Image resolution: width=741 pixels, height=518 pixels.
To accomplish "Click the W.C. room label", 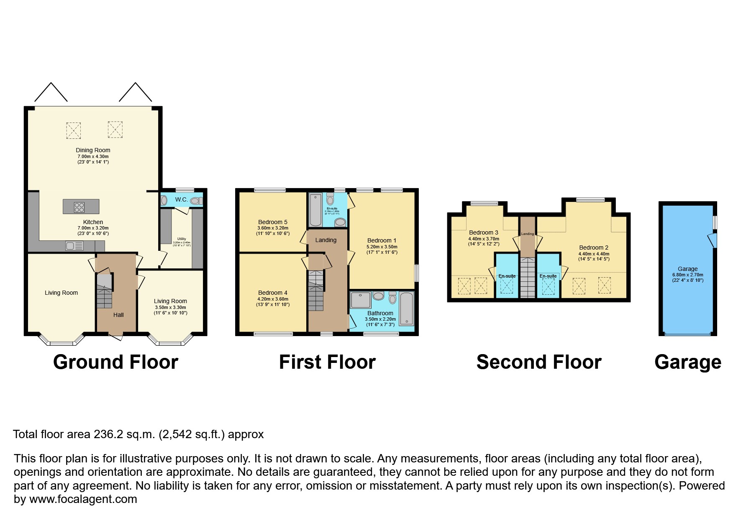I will point(181,200).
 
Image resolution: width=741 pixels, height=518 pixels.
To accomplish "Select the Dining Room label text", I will point(93,150).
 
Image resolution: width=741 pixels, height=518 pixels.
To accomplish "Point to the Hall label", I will point(118,315).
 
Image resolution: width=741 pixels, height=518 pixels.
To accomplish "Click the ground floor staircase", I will point(104,291).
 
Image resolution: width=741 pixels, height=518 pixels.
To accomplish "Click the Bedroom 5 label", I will point(273,222).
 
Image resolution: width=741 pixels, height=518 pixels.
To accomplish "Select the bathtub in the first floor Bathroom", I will point(406,309).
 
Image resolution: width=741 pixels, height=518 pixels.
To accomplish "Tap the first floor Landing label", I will point(326,240).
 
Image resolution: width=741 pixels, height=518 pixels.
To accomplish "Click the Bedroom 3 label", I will point(483,232).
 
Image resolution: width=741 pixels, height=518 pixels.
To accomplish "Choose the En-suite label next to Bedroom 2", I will point(548,276).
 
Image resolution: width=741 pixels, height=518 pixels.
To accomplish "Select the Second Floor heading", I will point(538,362).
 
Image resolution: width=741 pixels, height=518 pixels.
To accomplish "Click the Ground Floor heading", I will point(115,362).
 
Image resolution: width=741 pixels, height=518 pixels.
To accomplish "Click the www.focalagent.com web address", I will point(83,499).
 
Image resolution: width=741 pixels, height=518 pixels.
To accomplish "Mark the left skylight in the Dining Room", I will point(73,130).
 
